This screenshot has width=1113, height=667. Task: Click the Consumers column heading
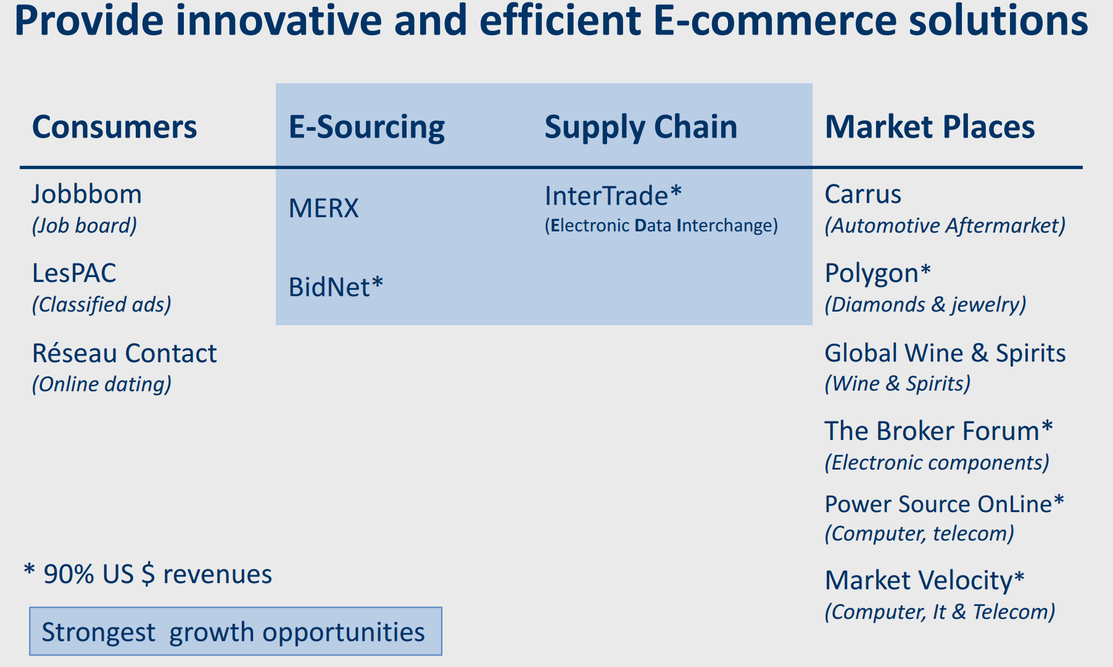115,127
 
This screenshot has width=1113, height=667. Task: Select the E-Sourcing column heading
366,128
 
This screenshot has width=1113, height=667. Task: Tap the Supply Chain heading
641,128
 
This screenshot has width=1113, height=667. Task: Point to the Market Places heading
930,127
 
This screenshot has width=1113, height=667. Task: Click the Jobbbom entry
87,194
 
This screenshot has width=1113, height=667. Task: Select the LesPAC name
74,273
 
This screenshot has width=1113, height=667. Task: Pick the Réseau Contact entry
125,353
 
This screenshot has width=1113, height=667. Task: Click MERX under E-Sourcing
324,209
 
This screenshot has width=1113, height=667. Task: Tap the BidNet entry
336,287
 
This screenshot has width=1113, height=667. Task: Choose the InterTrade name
613,196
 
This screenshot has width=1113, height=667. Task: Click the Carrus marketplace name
863,194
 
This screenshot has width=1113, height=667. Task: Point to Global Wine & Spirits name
945,353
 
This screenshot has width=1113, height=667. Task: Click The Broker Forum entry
939,431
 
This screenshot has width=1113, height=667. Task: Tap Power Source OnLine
945,504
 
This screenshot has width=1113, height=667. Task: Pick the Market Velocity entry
925,581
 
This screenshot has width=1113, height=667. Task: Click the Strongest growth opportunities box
236,631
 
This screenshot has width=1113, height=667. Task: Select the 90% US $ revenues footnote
148,574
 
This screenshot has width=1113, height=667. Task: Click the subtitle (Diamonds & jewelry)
925,304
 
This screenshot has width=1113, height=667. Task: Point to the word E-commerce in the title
774,20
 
